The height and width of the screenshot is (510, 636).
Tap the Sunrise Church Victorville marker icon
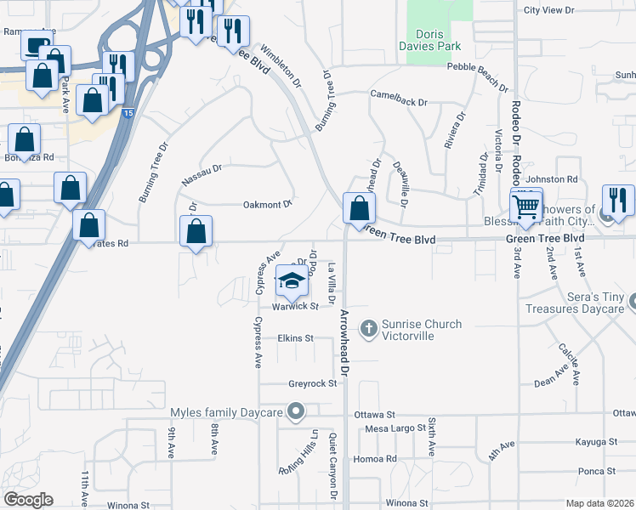368,327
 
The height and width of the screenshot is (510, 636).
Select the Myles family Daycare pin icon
296,412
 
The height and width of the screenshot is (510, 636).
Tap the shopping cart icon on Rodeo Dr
526,206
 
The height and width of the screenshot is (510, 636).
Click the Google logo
28,500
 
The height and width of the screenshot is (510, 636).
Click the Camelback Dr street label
398,101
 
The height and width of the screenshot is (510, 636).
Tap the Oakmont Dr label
268,204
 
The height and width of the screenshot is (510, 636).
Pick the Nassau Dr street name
201,175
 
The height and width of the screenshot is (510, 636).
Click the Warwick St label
294,306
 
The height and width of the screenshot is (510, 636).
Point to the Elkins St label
295,338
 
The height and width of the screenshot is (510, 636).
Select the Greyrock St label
307,383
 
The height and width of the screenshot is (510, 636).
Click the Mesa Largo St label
394,429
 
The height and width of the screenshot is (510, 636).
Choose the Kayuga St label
595,443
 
